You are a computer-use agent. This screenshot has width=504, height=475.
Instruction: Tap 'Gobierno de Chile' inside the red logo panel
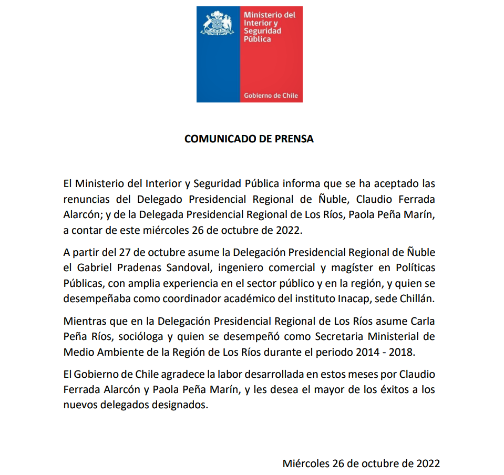point(271,96)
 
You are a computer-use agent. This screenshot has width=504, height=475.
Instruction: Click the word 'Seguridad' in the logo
point(262,31)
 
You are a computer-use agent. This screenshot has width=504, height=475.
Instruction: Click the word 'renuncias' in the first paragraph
point(85,200)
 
